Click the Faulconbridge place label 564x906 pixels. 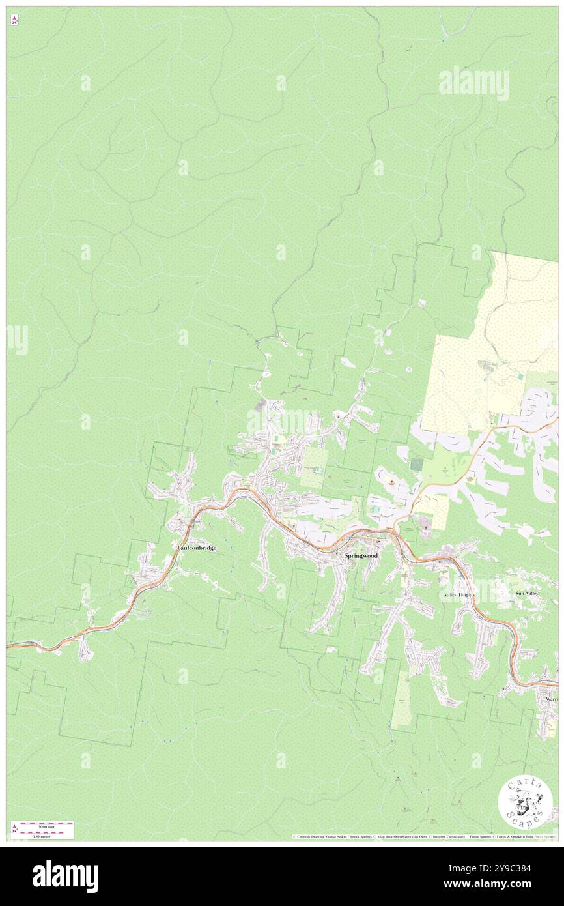pos(197,548)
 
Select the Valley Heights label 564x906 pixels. pos(459,596)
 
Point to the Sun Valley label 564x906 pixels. pos(528,594)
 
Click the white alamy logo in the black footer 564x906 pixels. pos(65,877)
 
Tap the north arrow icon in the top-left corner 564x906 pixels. pos(14,20)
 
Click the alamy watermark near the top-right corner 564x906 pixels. pos(473,83)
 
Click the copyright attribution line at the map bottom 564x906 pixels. pos(423,836)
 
